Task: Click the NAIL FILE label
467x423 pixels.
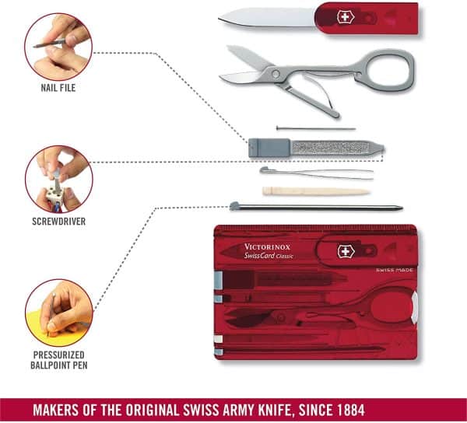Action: pyautogui.click(x=58, y=88)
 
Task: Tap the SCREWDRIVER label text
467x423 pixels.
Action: pyautogui.click(x=58, y=221)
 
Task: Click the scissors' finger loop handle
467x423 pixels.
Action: pyautogui.click(x=388, y=70)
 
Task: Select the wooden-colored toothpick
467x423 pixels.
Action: pyautogui.click(x=314, y=191)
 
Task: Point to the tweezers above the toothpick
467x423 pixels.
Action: pyautogui.click(x=315, y=173)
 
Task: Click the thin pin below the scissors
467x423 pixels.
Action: pyautogui.click(x=315, y=128)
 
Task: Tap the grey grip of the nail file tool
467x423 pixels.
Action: pyautogui.click(x=264, y=147)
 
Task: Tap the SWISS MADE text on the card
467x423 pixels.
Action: pyautogui.click(x=393, y=269)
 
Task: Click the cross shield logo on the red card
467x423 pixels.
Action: pyautogui.click(x=346, y=250)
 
